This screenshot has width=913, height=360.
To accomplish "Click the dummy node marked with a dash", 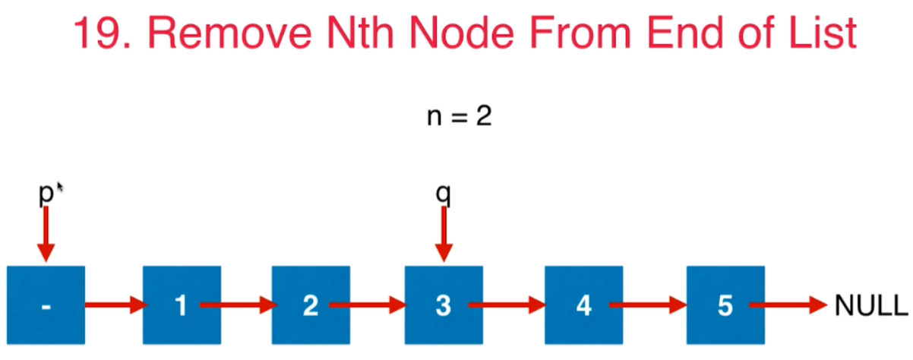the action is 46,305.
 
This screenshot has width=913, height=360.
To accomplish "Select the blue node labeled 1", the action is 182,305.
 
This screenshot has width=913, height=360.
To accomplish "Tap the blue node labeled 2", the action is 311,305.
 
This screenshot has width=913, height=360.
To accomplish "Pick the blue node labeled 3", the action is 444,305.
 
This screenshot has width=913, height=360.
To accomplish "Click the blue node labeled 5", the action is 725,305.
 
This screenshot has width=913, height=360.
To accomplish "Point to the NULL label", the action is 870,306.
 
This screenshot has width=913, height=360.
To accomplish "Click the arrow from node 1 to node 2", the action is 237,306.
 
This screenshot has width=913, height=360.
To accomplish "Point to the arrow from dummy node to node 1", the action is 114,306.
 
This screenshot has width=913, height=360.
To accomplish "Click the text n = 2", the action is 457,118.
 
